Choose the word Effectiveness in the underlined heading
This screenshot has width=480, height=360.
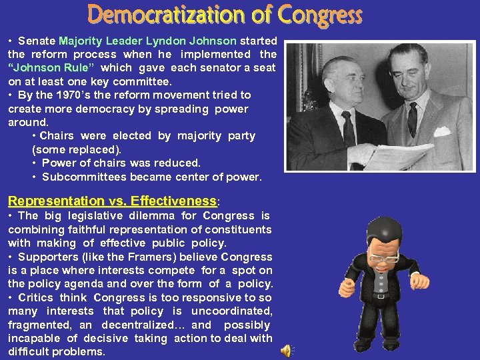coord(173,201)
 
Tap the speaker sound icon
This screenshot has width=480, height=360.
coord(285,351)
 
